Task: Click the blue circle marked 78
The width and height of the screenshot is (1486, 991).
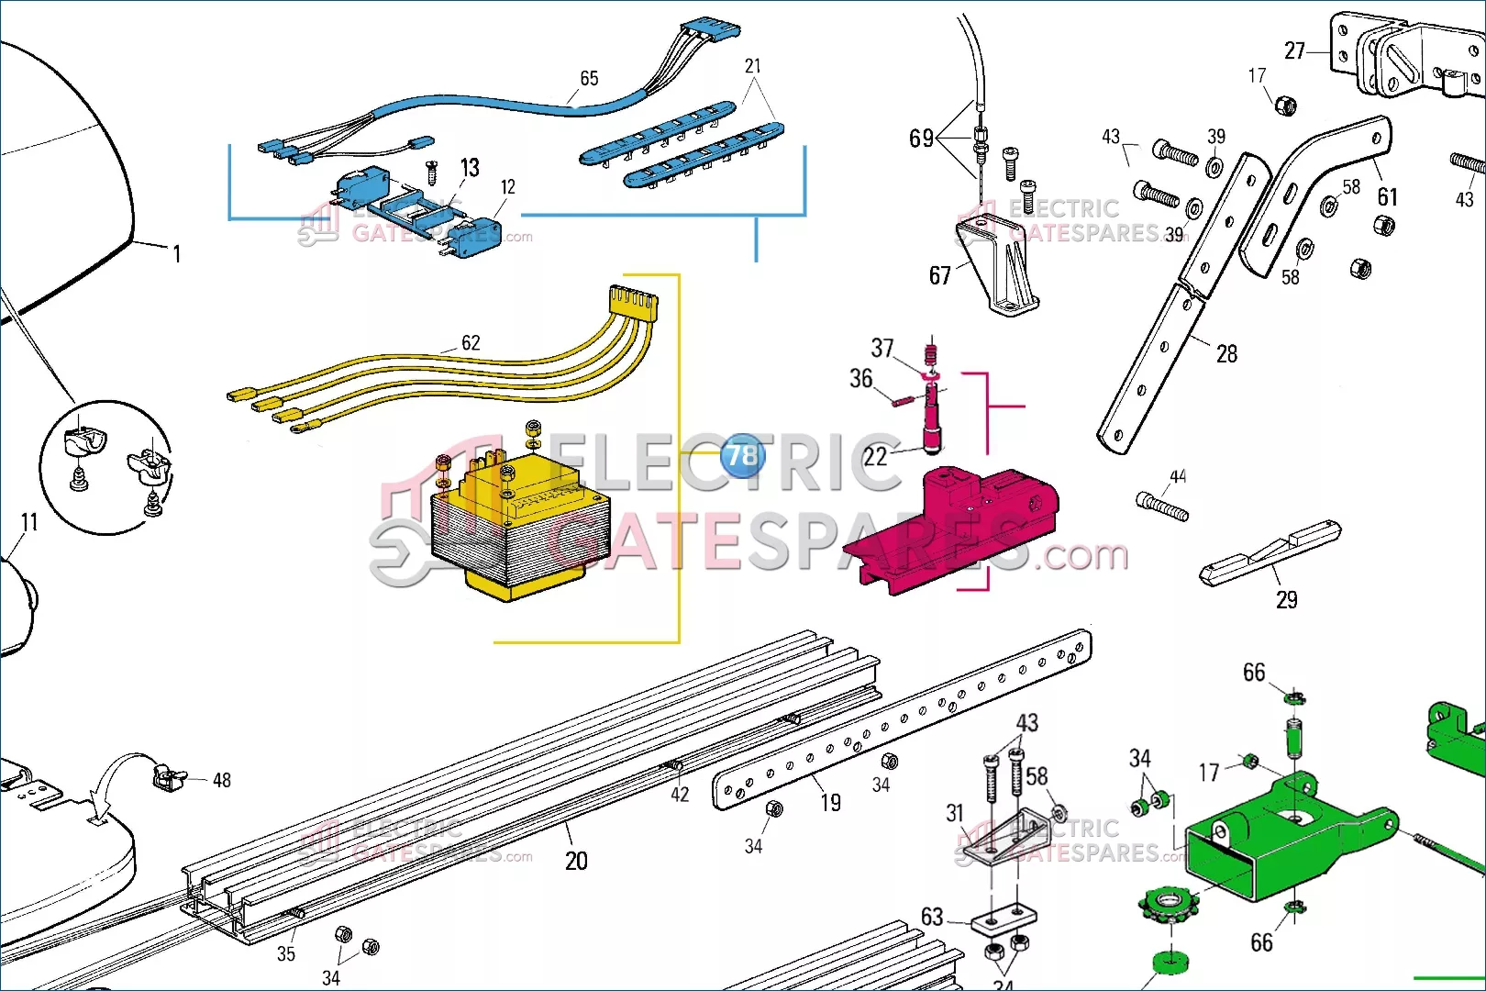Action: tap(742, 455)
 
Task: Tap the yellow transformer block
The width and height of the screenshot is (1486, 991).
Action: tap(519, 528)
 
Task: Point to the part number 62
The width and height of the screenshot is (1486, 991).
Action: tap(471, 343)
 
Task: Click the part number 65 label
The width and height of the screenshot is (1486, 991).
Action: tap(589, 79)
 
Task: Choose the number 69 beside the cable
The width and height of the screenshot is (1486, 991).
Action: tap(921, 139)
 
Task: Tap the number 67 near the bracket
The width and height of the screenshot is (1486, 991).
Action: tap(940, 275)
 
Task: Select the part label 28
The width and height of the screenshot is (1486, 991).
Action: tap(1226, 354)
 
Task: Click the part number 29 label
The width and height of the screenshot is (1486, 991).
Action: tap(1287, 600)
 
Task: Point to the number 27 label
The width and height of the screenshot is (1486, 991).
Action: tap(1294, 50)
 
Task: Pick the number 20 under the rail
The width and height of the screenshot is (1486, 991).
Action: tap(576, 861)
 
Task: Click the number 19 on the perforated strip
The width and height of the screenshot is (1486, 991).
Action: tap(830, 803)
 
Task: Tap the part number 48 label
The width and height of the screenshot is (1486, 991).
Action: tap(222, 780)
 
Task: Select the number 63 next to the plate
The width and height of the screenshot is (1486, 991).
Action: tap(932, 917)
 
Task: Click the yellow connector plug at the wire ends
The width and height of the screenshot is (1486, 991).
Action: tap(634, 300)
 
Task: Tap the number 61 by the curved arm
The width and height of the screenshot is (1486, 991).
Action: tap(1388, 197)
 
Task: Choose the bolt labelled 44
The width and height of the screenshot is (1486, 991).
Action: tap(1162, 505)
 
